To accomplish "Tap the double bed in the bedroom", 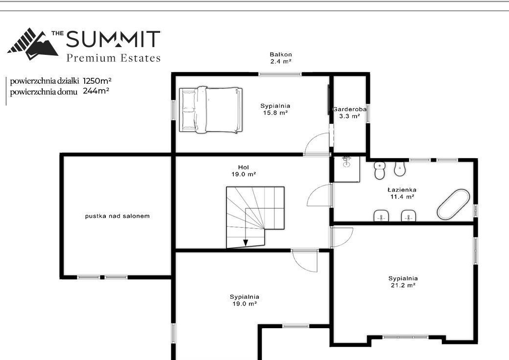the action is (x=211, y=110).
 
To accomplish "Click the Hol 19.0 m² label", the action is (x=243, y=171).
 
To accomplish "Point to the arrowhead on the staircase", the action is (x=246, y=243).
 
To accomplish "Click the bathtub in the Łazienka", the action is (x=453, y=204).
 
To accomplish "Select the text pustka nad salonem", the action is (x=117, y=216).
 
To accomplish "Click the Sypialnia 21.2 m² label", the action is (x=403, y=282).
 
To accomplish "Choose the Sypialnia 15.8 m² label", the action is (x=275, y=109).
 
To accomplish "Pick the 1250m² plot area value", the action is (x=97, y=80).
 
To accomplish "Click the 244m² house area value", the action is (x=96, y=91).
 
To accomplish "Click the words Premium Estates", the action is (x=113, y=58).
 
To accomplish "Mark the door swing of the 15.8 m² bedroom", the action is (x=316, y=144).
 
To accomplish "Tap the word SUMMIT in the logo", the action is (x=113, y=39).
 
